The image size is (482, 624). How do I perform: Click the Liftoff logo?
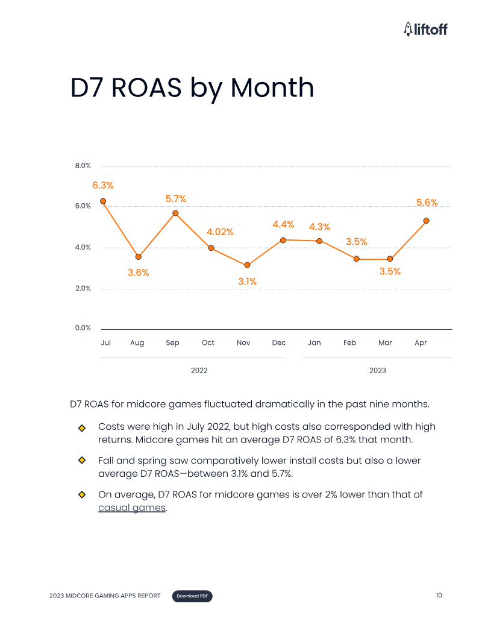[x=425, y=28]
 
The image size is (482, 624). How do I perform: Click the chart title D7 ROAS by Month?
[x=192, y=88]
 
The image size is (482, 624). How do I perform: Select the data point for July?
[x=103, y=201]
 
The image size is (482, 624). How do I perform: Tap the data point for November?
[x=247, y=265]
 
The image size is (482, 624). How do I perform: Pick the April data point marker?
[x=426, y=221]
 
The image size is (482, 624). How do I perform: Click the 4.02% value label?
[x=220, y=232]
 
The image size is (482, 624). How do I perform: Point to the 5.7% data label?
[x=176, y=199]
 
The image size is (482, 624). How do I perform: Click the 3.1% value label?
[x=247, y=281]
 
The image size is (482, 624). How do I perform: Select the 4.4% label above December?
[x=283, y=224]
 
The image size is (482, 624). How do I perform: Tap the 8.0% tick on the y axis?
[x=83, y=166]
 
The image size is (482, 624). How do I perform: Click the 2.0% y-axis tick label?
[x=83, y=288]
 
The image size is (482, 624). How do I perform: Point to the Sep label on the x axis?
[x=172, y=343]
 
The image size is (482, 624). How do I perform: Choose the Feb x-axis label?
[x=349, y=343]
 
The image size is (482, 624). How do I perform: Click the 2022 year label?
[x=199, y=370]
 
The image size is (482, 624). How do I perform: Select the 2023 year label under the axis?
[x=378, y=370]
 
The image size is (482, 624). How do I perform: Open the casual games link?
[x=132, y=508]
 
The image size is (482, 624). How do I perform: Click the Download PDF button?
[x=193, y=596]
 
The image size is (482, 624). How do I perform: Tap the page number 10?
[x=439, y=596]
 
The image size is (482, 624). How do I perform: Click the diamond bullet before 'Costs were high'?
[x=82, y=428]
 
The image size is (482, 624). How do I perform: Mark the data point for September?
[x=175, y=213]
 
